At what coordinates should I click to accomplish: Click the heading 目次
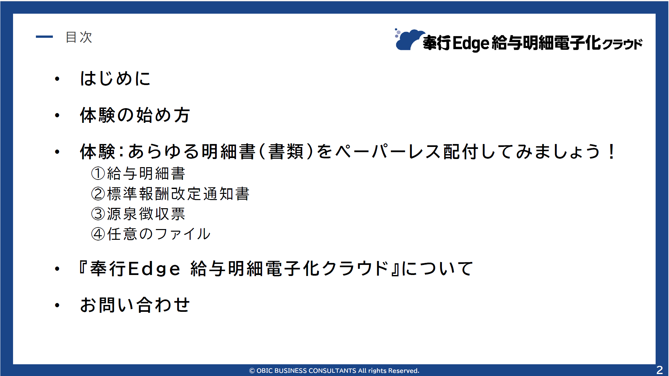click(x=79, y=37)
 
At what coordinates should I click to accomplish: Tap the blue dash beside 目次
click(x=44, y=37)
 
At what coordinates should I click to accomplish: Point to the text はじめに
click(x=116, y=79)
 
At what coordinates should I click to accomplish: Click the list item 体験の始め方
click(x=135, y=115)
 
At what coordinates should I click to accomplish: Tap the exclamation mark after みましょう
click(x=611, y=152)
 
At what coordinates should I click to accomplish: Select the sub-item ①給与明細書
click(x=138, y=173)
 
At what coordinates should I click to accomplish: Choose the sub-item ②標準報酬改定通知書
click(x=170, y=194)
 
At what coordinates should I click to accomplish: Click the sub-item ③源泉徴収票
click(x=138, y=214)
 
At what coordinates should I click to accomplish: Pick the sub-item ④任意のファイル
click(x=151, y=234)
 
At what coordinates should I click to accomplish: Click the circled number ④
click(x=98, y=234)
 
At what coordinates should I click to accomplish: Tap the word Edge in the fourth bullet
click(x=154, y=269)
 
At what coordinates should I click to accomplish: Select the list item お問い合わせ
click(x=135, y=305)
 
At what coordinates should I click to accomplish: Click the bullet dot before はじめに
click(x=57, y=79)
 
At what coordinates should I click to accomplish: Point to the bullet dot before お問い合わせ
click(x=57, y=305)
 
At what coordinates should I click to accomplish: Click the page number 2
click(x=660, y=370)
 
